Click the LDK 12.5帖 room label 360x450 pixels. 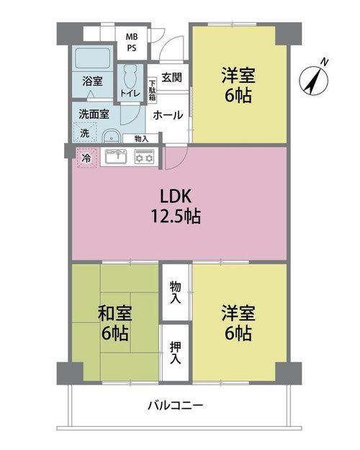pyautogui.click(x=176, y=206)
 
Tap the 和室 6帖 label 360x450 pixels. pyautogui.click(x=114, y=323)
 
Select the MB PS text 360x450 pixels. pyautogui.click(x=132, y=42)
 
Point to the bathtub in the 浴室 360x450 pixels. pyautogui.click(x=92, y=58)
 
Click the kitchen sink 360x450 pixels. pyautogui.click(x=116, y=157)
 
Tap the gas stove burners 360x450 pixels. pyautogui.click(x=145, y=157)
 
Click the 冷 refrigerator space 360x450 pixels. pyautogui.click(x=86, y=158)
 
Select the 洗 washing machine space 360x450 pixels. pyautogui.click(x=85, y=132)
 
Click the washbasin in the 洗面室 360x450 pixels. pyautogui.click(x=111, y=137)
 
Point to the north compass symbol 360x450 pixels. pyautogui.click(x=313, y=78)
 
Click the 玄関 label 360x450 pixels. pyautogui.click(x=171, y=77)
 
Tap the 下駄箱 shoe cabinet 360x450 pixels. pyautogui.click(x=153, y=90)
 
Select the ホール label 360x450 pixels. pyautogui.click(x=168, y=115)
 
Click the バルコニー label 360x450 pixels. pyautogui.click(x=176, y=405)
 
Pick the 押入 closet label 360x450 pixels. pyautogui.click(x=176, y=353)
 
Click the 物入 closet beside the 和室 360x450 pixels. pyautogui.click(x=176, y=292)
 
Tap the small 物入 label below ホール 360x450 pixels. pyautogui.click(x=141, y=139)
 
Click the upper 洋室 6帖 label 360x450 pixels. pyautogui.click(x=238, y=85)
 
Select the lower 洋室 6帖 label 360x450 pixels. pyautogui.click(x=238, y=323)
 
